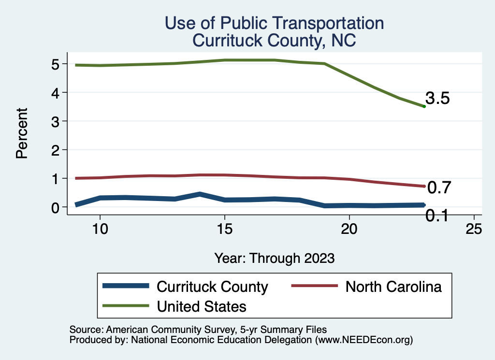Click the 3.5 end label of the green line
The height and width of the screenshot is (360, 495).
[x=437, y=99]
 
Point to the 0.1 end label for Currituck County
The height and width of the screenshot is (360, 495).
[x=437, y=216]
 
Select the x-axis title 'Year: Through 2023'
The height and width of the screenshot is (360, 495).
[x=274, y=258]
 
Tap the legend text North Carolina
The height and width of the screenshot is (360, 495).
[x=393, y=287]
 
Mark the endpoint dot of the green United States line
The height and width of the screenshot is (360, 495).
[x=424, y=106]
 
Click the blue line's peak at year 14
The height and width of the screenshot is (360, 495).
[x=200, y=194]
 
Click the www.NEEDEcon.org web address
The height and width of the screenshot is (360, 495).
[x=363, y=340]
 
